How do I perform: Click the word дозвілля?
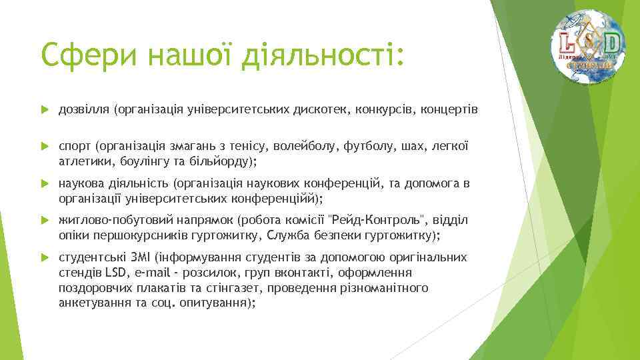pos(85,109)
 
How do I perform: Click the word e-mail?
pos(153,273)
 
